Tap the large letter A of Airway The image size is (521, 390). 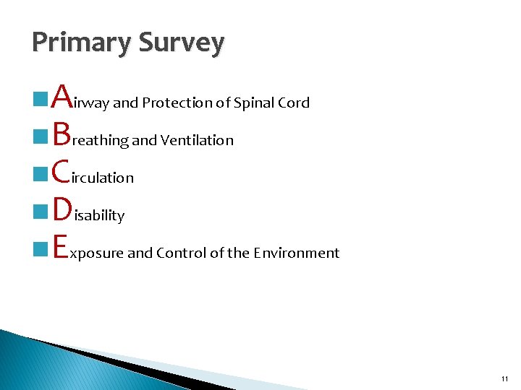(63, 95)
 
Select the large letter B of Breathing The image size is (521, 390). (62, 133)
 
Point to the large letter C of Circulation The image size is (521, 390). (62, 170)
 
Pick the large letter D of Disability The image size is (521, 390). (63, 208)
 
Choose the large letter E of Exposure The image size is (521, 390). (61, 246)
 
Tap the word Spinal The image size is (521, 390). (250, 103)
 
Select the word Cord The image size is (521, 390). (292, 103)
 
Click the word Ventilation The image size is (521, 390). (198, 141)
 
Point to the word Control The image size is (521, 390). (180, 253)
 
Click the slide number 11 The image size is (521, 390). (504, 378)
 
